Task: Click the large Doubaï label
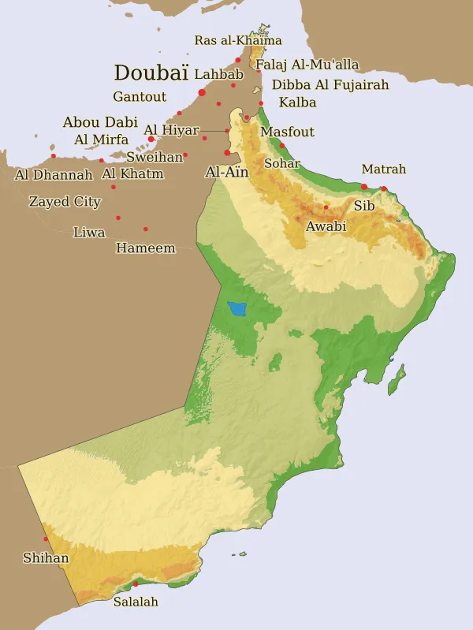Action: coord(151,73)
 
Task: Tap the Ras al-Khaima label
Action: coord(238,40)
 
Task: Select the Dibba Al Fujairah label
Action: coord(330,84)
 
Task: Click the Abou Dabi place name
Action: coord(100,122)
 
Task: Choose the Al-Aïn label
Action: coord(226,171)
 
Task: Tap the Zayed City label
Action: coord(65,202)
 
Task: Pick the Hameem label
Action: coord(145,248)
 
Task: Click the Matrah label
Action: coord(384,169)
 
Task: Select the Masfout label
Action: coord(287,132)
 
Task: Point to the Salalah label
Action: coord(136,602)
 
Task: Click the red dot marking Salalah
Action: coord(136,584)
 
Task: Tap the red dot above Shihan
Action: coord(46,539)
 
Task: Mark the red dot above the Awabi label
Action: coord(326,207)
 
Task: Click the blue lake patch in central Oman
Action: coord(236,309)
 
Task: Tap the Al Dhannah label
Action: coord(54,174)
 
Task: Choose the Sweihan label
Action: coord(155,157)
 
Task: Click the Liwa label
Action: coord(89,233)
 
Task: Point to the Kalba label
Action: coord(297,103)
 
